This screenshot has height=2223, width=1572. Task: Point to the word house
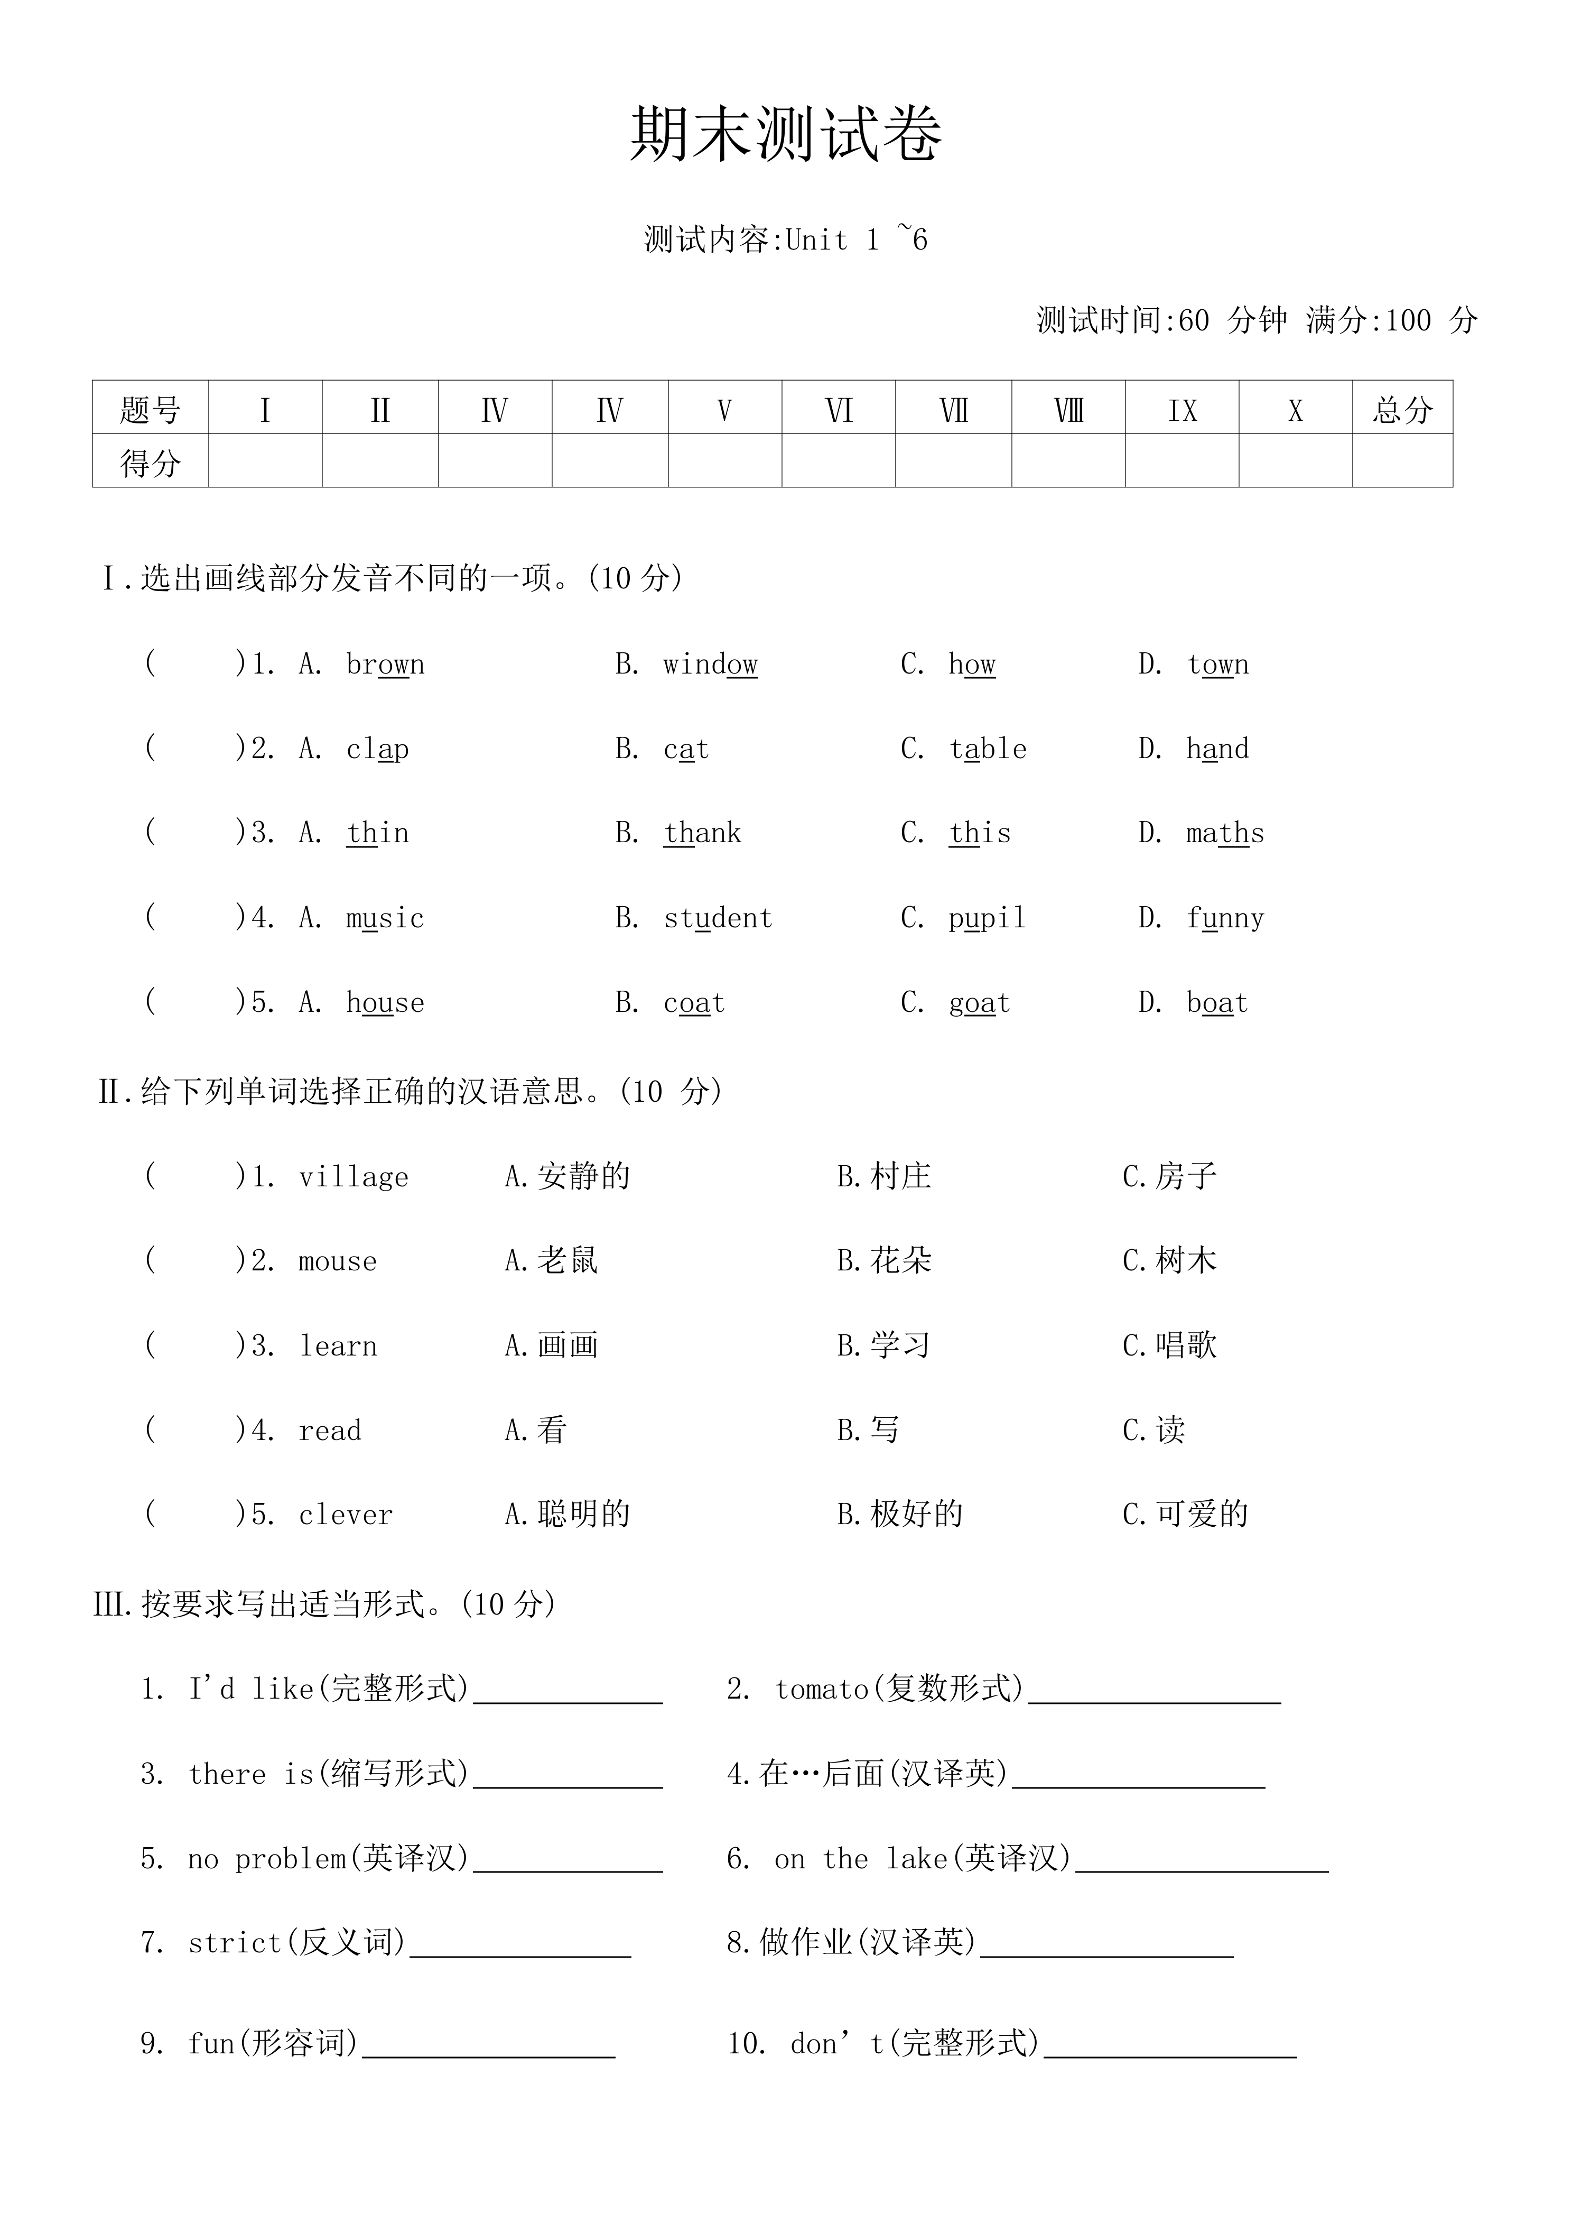(385, 1002)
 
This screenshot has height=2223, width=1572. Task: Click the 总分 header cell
(1402, 409)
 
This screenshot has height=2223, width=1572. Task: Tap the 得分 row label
(150, 462)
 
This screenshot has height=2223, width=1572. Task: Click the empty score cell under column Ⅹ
(1295, 462)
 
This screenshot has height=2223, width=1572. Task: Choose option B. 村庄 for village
(884, 1176)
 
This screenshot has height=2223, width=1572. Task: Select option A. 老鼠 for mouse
(551, 1261)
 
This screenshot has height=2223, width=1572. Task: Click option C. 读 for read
(1154, 1430)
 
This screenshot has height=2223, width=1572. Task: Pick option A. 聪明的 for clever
(567, 1514)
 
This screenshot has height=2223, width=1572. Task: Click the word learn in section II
(338, 1346)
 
